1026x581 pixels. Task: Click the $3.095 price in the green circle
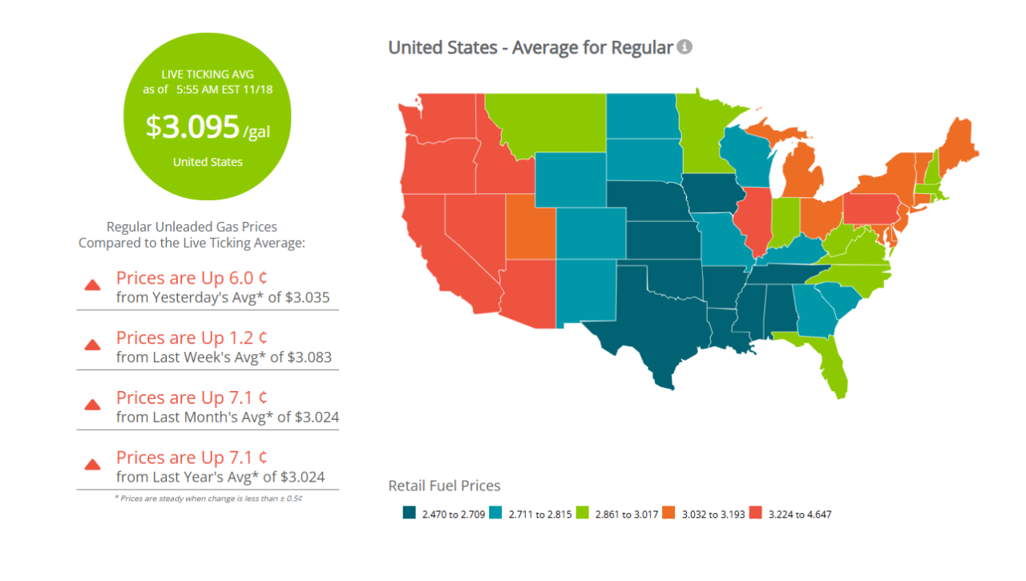[192, 127]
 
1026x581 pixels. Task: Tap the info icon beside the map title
[684, 47]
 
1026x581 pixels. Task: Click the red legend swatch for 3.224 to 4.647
[755, 514]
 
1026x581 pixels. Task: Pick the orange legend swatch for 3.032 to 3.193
[669, 514]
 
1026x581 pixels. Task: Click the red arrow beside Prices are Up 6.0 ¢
[93, 285]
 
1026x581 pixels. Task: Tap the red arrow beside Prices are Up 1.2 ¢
[93, 345]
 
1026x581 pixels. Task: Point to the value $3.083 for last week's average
[313, 357]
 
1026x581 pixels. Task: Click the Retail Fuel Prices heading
[444, 486]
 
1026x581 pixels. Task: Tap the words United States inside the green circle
[208, 162]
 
